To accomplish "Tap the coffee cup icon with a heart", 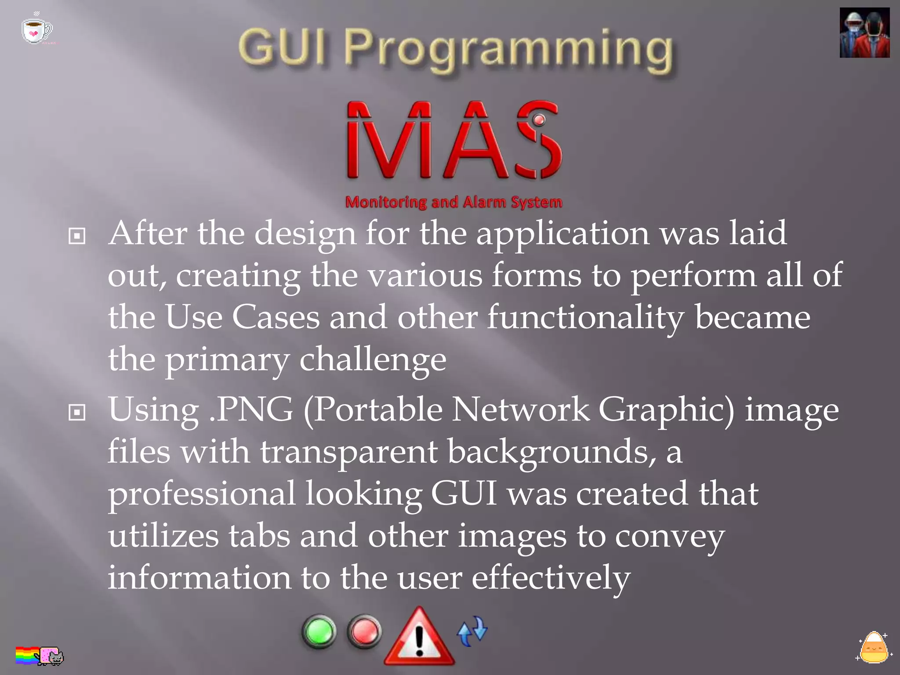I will point(36,30).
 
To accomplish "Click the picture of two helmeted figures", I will point(864,33).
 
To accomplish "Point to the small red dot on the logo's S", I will point(539,120).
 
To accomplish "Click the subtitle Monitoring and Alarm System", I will point(454,202).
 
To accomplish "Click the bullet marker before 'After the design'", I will point(77,236).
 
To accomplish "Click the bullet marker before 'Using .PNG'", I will point(77,412).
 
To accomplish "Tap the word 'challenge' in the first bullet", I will point(373,359).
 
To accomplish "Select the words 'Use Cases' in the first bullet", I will point(242,317).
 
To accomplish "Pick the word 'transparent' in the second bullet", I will point(348,452).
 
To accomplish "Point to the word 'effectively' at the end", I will point(551,578).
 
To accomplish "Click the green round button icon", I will point(319,631).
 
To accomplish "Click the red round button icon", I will point(364,631).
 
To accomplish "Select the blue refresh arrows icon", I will point(472,631).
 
